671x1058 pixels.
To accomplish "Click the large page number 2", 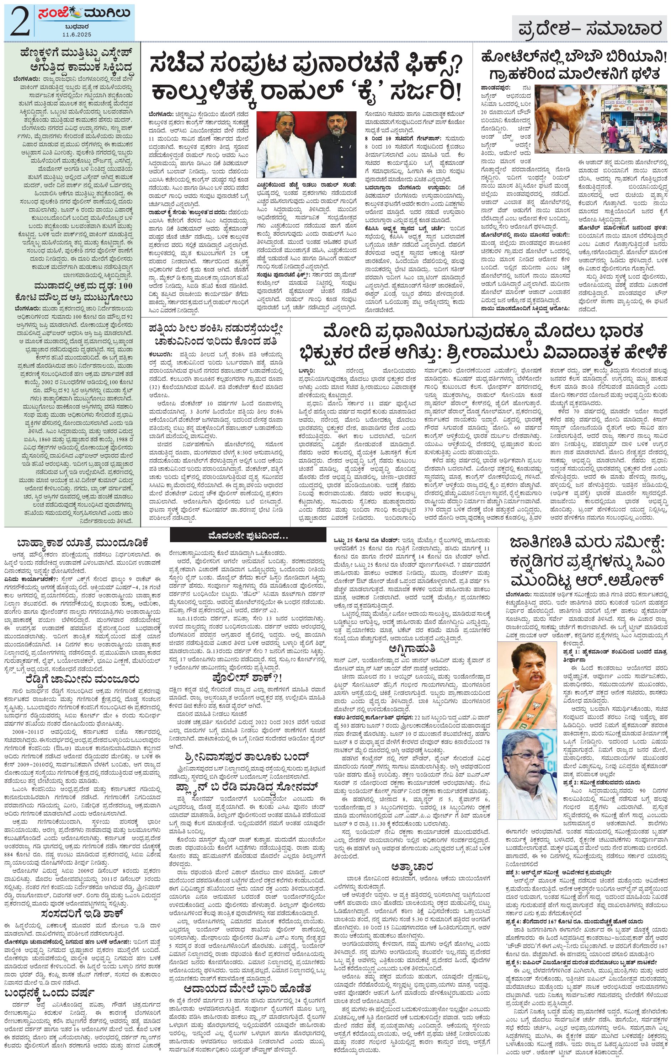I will tap(19, 22).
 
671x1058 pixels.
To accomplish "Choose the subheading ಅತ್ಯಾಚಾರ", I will tap(412, 867).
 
